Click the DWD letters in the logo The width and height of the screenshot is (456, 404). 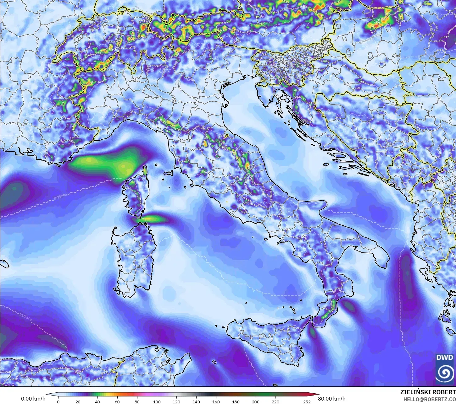(x=445, y=358)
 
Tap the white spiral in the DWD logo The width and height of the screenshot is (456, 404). (x=445, y=373)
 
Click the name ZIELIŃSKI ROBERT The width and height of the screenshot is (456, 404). (x=428, y=392)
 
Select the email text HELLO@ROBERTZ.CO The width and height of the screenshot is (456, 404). (x=430, y=399)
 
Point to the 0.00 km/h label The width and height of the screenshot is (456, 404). (x=33, y=399)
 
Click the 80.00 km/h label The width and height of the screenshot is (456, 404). (x=329, y=399)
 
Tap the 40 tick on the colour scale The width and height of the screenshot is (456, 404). (x=97, y=401)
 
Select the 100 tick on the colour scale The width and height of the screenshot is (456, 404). (x=157, y=401)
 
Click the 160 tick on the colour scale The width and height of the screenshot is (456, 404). (x=216, y=401)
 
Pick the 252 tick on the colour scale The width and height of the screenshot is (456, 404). (x=307, y=401)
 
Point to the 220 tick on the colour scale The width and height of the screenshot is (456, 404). (x=275, y=401)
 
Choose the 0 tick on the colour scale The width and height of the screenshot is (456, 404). (x=58, y=401)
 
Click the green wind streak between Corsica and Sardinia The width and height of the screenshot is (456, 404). (x=154, y=219)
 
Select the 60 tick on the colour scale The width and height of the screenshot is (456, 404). (x=117, y=401)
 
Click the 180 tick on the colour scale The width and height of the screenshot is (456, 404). (x=236, y=401)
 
